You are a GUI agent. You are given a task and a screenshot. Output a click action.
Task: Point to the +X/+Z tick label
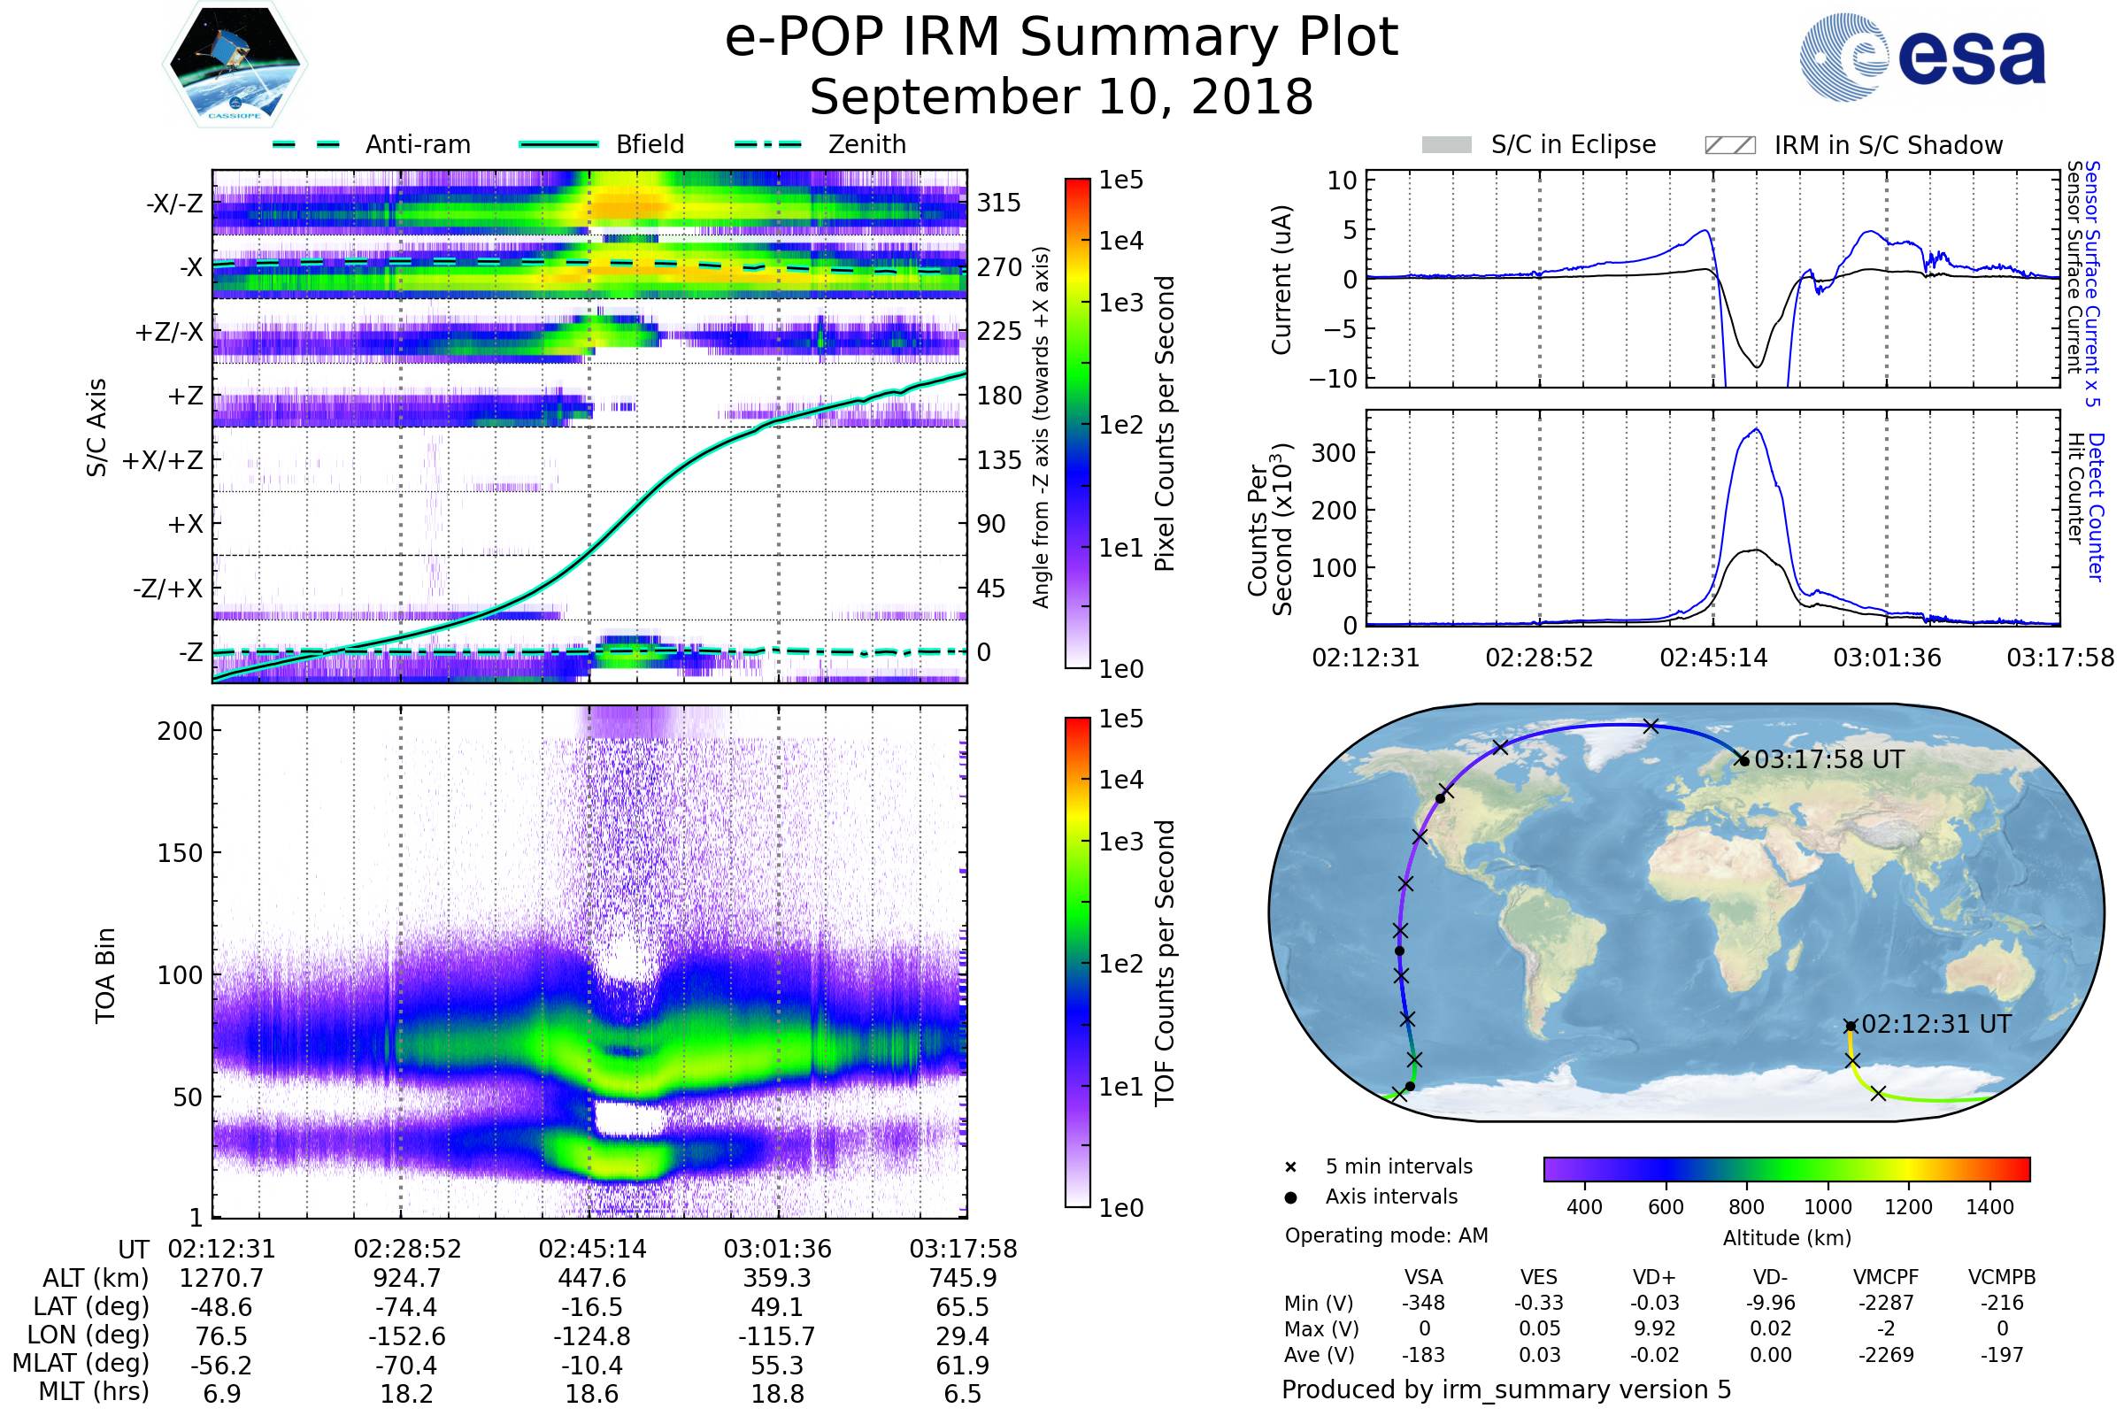click(x=163, y=460)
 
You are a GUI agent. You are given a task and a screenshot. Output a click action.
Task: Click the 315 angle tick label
click(x=998, y=204)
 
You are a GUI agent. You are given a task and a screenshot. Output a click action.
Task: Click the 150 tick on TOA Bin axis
click(x=180, y=853)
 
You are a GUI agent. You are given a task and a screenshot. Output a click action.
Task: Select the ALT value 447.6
click(x=591, y=1279)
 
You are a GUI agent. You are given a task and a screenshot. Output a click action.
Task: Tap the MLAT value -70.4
click(x=406, y=1365)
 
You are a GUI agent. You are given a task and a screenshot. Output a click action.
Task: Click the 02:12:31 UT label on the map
click(x=1936, y=1024)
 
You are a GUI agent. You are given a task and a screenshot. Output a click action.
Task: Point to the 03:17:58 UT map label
click(x=1828, y=759)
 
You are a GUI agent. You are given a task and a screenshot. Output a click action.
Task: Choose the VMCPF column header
click(x=1886, y=1277)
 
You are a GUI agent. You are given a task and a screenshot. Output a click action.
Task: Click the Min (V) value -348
click(x=1423, y=1303)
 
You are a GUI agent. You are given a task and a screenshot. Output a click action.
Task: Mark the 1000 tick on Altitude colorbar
click(x=1827, y=1207)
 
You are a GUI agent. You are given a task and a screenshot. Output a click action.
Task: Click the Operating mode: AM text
click(x=1386, y=1235)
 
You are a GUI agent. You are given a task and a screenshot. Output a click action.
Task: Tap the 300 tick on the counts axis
click(x=1333, y=453)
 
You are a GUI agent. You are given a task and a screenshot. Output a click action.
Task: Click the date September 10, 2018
click(x=1061, y=97)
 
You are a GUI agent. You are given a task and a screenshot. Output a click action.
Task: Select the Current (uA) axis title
click(x=1281, y=280)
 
